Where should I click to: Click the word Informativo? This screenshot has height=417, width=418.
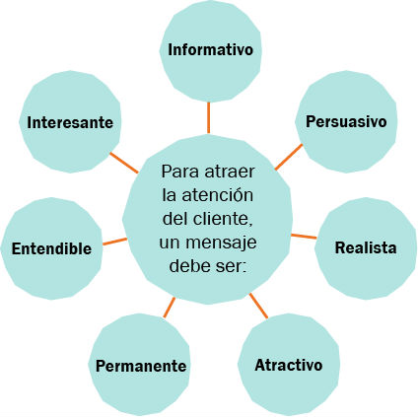click(210, 49)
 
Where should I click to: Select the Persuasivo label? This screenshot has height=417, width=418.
click(346, 121)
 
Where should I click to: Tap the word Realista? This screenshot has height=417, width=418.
click(366, 247)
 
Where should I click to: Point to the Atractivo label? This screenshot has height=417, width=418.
click(289, 365)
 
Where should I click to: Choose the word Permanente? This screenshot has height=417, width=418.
click(141, 366)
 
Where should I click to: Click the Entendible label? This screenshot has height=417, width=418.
click(51, 248)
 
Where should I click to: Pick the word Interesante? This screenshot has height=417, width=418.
click(70, 122)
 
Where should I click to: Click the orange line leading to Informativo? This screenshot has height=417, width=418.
click(208, 117)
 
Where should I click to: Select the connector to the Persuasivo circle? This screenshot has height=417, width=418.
click(289, 157)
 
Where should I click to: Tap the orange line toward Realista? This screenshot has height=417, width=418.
click(304, 236)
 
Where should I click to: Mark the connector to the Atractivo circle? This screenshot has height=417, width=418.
click(258, 306)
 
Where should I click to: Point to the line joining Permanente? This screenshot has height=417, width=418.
click(169, 308)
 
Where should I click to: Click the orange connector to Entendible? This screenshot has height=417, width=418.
click(114, 242)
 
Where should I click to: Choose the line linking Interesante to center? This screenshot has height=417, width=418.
click(124, 163)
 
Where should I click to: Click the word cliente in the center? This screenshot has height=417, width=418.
click(223, 219)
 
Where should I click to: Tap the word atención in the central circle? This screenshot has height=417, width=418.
click(217, 195)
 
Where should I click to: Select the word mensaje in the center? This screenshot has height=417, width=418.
click(221, 243)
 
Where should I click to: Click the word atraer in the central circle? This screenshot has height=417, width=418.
click(230, 172)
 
